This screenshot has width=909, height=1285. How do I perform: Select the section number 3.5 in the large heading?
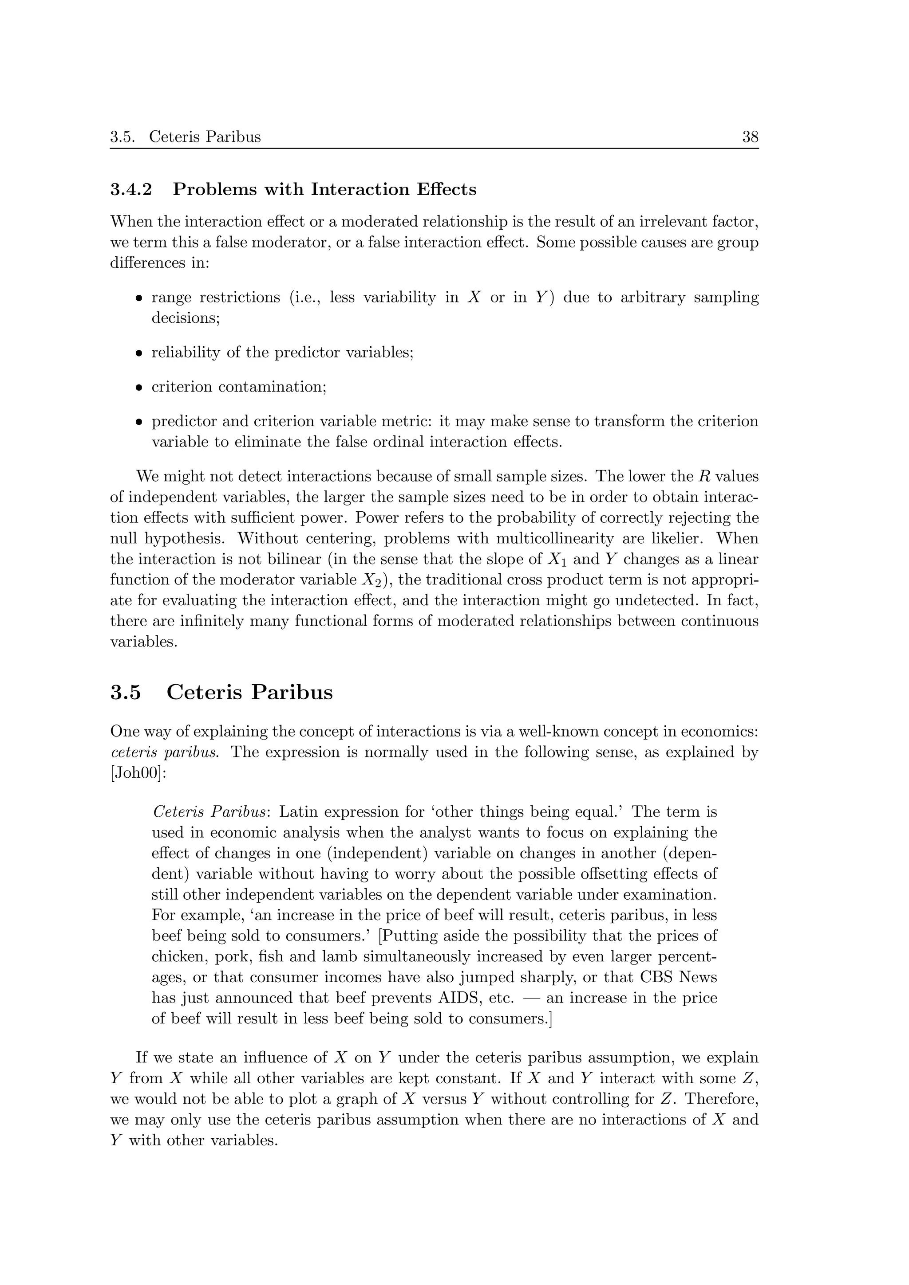click(x=126, y=692)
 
